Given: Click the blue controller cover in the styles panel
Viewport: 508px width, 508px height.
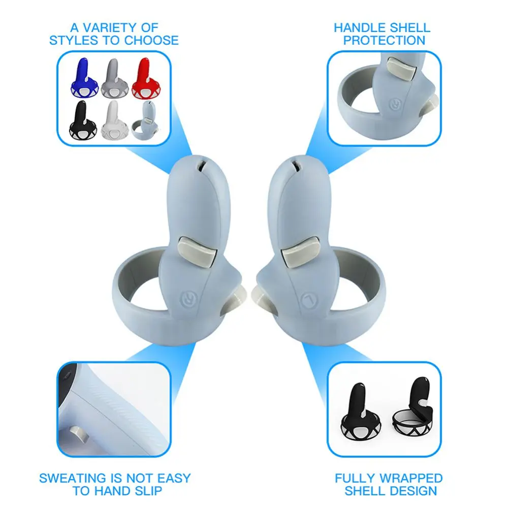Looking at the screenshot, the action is click(x=84, y=79).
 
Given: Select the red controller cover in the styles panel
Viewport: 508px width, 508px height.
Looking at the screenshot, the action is click(x=146, y=79).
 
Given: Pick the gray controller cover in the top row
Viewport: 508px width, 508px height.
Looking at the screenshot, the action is click(x=114, y=79).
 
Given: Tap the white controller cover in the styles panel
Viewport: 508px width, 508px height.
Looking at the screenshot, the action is click(x=114, y=120).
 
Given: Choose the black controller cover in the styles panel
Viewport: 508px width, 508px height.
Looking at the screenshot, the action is click(x=83, y=120).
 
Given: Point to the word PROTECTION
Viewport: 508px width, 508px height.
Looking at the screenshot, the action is click(x=384, y=41).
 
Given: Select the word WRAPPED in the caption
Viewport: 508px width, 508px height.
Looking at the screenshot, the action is click(x=411, y=478).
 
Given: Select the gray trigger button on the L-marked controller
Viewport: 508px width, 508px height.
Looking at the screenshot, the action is click(x=300, y=252).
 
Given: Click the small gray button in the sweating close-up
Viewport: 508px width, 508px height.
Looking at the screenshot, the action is click(x=79, y=433).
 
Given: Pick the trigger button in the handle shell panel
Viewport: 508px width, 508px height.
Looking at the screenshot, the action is click(x=402, y=69).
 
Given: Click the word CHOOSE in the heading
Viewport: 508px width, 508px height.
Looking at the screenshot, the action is click(x=151, y=41).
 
